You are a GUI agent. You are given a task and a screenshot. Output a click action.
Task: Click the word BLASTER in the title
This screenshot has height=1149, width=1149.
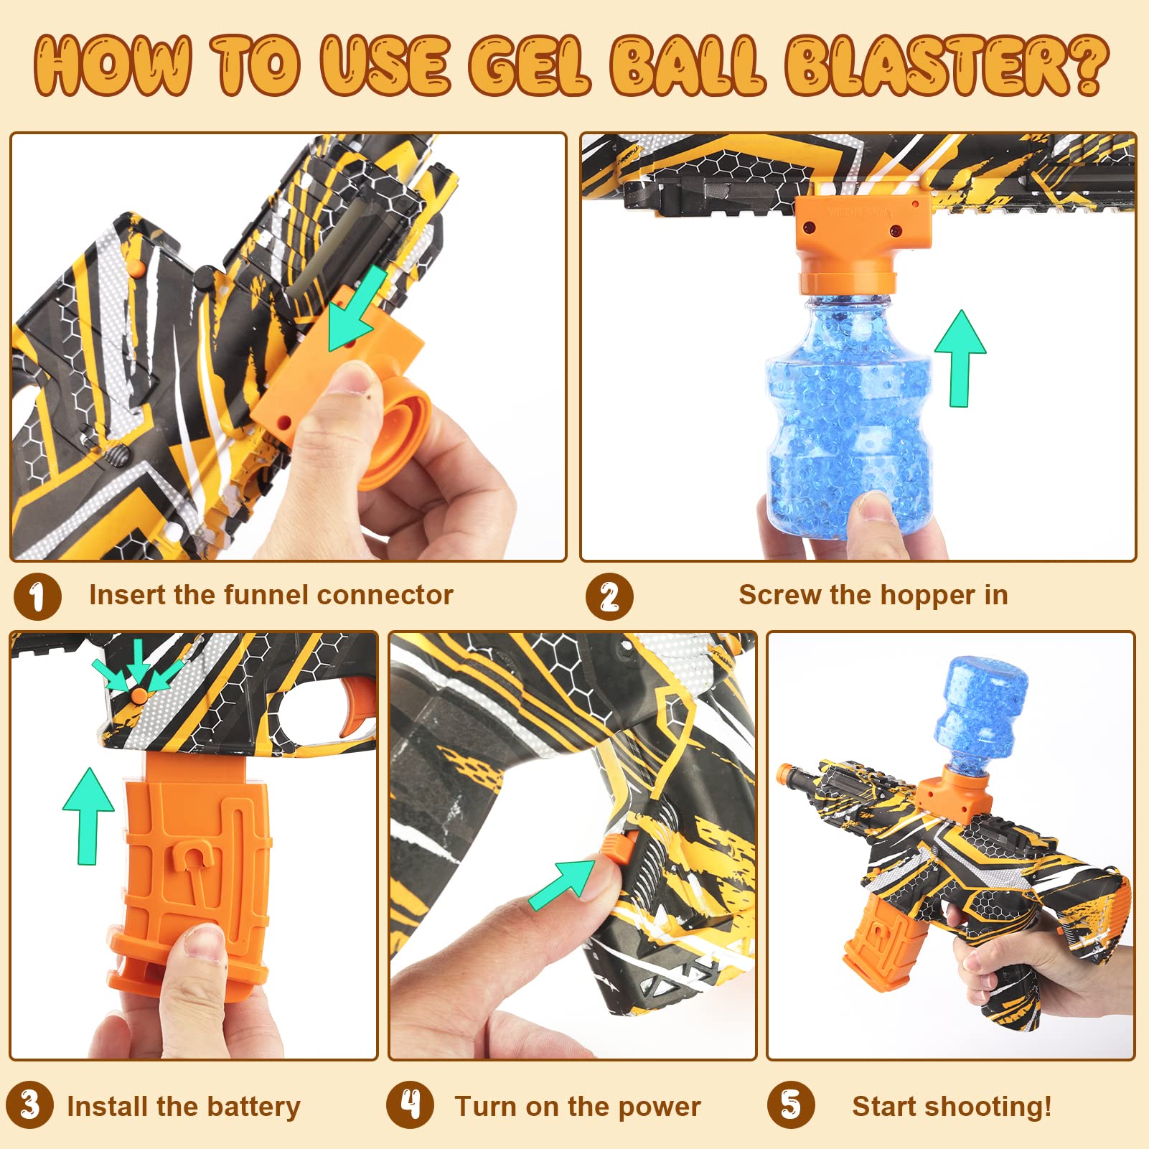click(x=946, y=66)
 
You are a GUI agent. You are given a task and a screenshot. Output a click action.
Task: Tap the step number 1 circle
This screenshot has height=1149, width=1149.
click(x=37, y=596)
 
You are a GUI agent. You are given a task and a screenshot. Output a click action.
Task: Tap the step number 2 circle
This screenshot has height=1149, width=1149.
click(x=609, y=596)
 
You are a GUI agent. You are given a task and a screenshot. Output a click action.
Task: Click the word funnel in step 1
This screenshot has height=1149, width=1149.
click(x=266, y=595)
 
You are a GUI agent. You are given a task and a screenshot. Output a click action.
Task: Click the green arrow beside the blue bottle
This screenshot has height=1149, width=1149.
click(x=960, y=357)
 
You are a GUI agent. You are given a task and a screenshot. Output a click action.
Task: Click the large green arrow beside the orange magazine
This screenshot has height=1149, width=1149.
click(x=88, y=814)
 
